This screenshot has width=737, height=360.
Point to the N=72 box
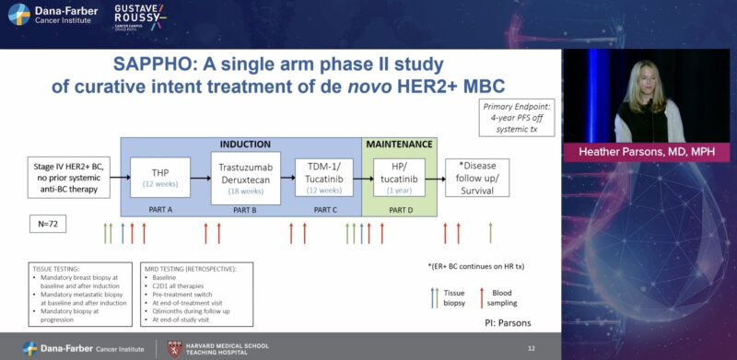(x=48, y=223)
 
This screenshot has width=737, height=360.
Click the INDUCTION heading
(x=244, y=145)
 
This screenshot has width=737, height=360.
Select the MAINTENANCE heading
(x=399, y=145)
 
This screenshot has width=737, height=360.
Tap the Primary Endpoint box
(x=517, y=119)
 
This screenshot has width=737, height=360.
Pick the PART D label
(x=400, y=209)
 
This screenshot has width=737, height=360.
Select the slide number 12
(x=531, y=348)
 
